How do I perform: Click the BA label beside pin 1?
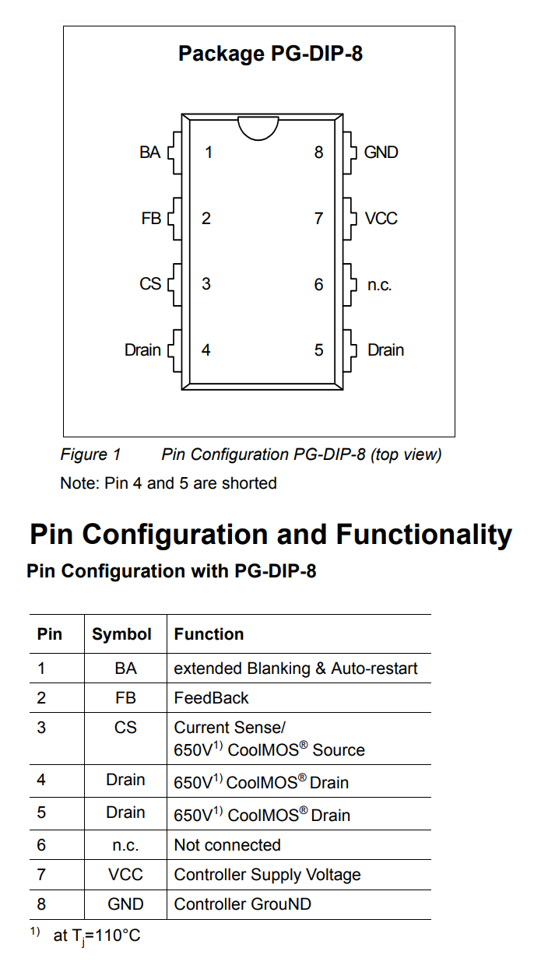(150, 153)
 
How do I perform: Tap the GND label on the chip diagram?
(381, 153)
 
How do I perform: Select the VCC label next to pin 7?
(381, 219)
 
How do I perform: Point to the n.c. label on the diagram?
(380, 285)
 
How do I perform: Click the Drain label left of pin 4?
(142, 350)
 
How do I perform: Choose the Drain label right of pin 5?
(386, 350)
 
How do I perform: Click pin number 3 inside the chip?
(206, 284)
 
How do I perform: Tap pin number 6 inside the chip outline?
(318, 284)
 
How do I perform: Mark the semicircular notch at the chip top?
(258, 134)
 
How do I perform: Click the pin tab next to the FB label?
(174, 219)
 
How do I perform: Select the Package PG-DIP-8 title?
(271, 54)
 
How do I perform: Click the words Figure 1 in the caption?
(90, 454)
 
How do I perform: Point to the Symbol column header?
(121, 634)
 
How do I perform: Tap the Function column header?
(209, 634)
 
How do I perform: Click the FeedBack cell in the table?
(211, 698)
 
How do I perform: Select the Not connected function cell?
(227, 845)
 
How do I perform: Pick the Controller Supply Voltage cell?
(267, 875)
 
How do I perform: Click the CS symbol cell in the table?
(125, 728)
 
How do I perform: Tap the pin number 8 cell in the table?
(41, 904)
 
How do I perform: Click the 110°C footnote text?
(97, 935)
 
